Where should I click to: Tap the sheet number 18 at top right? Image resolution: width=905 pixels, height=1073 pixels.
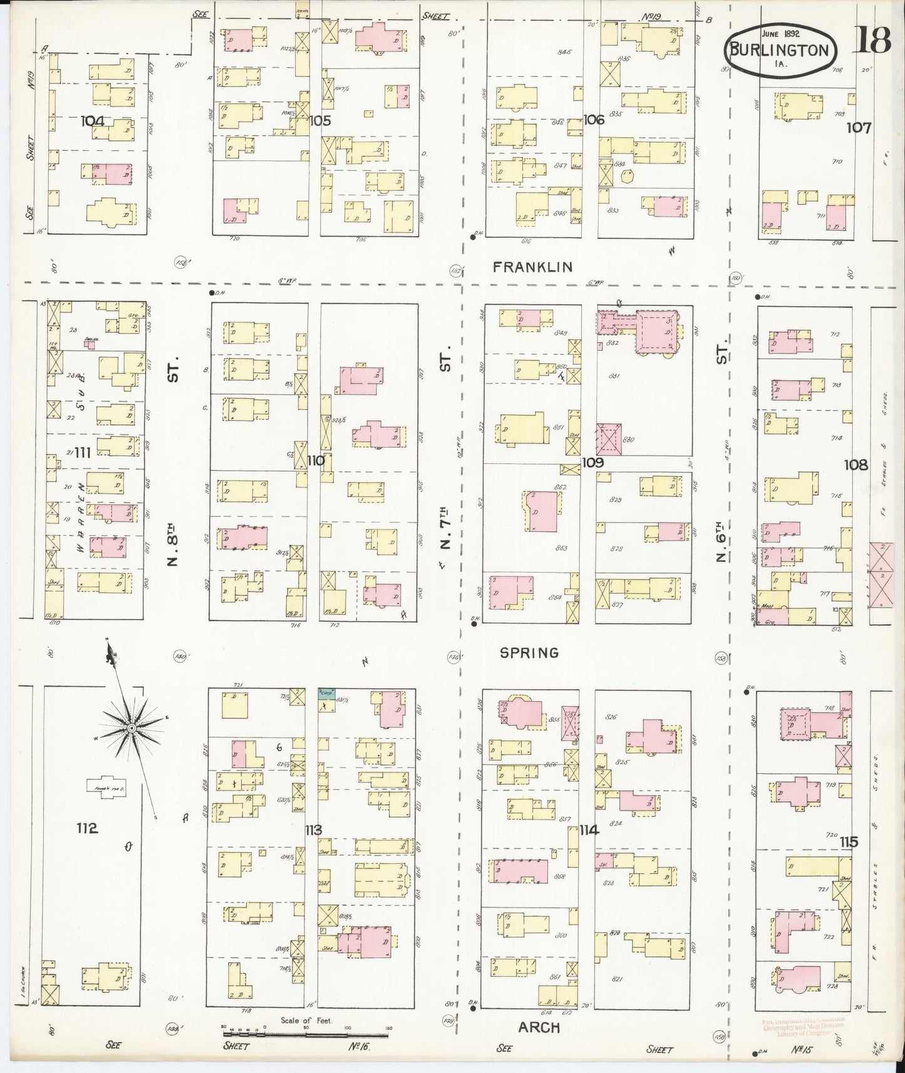pyautogui.click(x=871, y=41)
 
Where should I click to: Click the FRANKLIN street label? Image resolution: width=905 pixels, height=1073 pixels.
pyautogui.click(x=532, y=267)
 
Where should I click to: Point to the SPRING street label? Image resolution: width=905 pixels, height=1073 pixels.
pyautogui.click(x=529, y=653)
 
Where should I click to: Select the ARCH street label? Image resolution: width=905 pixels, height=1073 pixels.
pyautogui.click(x=539, y=1028)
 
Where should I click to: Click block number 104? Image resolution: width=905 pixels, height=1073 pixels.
pyautogui.click(x=92, y=121)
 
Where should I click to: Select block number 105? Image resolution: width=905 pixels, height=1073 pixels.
pyautogui.click(x=319, y=120)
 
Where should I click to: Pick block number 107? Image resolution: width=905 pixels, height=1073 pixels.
pyautogui.click(x=858, y=128)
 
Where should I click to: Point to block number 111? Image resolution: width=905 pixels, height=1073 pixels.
pyautogui.click(x=82, y=452)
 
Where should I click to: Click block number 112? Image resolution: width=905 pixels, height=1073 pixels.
pyautogui.click(x=87, y=828)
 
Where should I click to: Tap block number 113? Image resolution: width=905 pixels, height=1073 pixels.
pyautogui.click(x=313, y=830)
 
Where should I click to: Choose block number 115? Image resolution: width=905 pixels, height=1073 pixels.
pyautogui.click(x=849, y=842)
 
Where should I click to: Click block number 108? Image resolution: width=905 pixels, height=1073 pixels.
pyautogui.click(x=856, y=465)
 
